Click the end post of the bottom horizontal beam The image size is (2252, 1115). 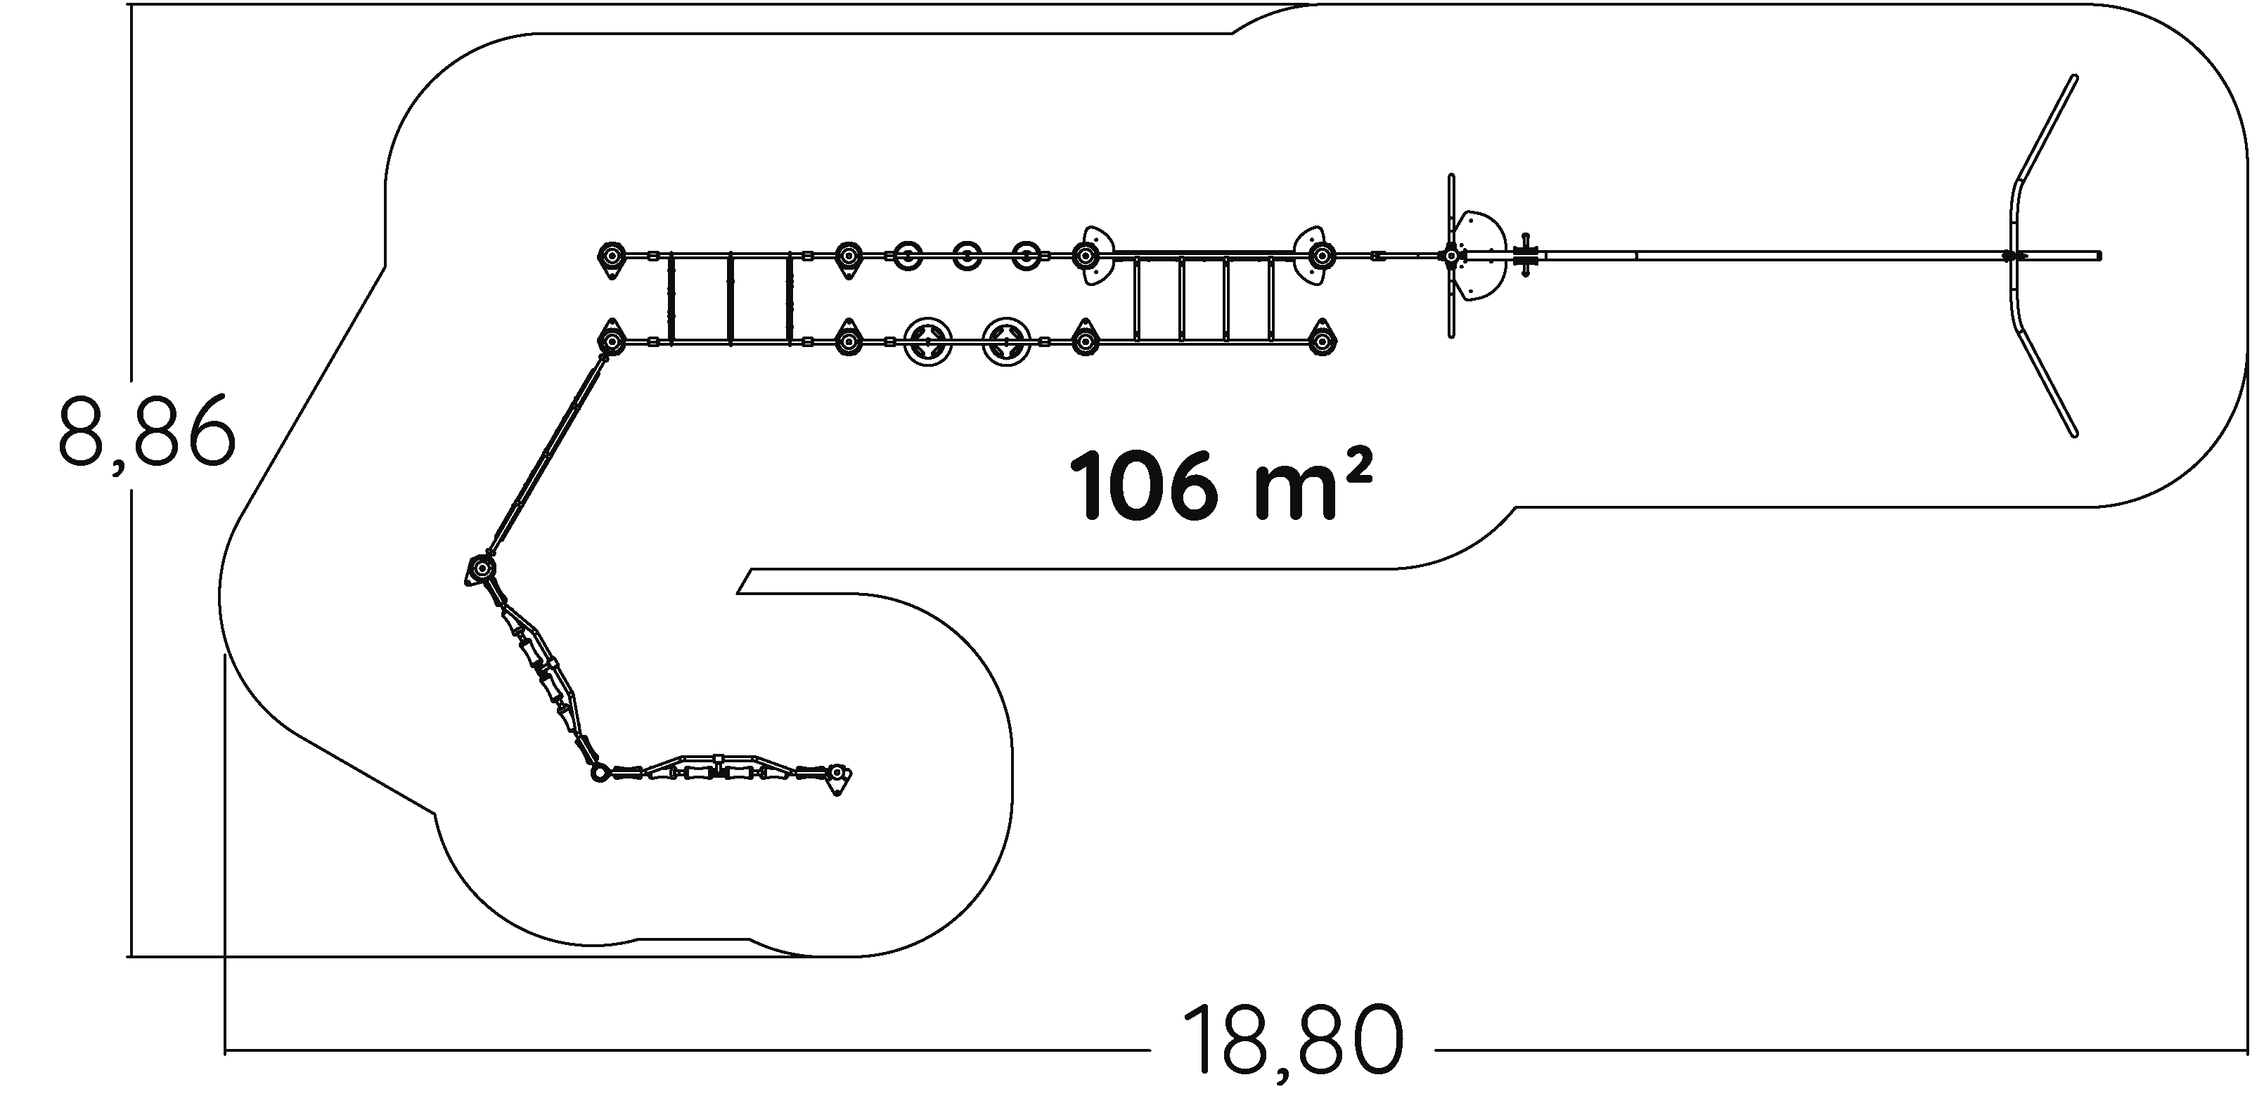click(837, 775)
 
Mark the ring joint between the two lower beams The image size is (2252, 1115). click(599, 772)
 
